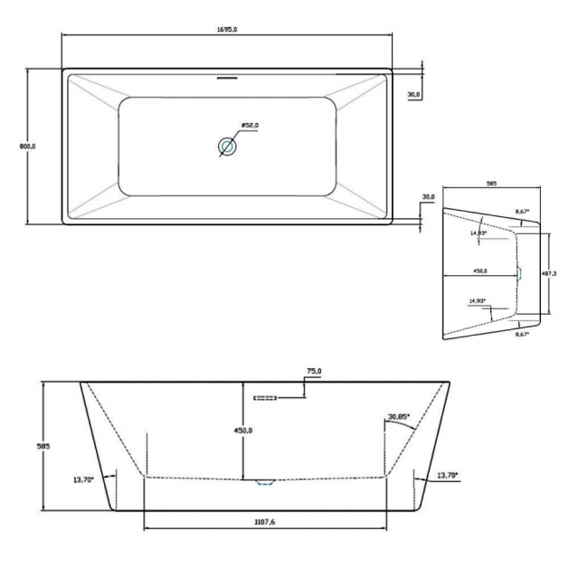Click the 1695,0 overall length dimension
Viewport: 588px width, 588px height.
(228, 30)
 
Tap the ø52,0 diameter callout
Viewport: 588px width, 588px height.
(251, 125)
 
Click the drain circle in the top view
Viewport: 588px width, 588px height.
(227, 146)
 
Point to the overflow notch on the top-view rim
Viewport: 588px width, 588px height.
(227, 76)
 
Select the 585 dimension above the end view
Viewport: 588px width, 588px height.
(491, 184)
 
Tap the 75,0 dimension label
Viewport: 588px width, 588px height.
(315, 371)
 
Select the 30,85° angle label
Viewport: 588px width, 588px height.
(398, 417)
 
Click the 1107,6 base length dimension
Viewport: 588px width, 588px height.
(265, 522)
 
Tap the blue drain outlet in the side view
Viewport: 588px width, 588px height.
(264, 481)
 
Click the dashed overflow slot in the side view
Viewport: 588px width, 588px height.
(263, 396)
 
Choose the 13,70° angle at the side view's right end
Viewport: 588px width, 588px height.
(446, 475)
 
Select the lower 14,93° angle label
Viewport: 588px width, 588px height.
(478, 301)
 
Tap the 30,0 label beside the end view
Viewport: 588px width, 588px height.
(429, 196)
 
